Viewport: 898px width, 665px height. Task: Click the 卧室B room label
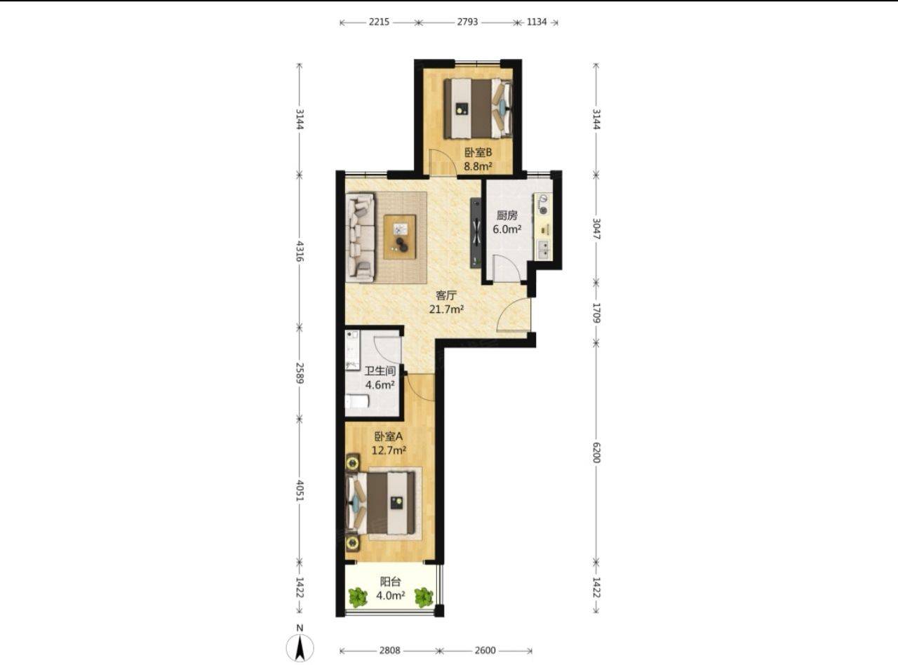tap(478, 153)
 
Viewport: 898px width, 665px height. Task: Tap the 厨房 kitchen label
tap(507, 215)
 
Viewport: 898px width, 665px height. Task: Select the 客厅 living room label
tap(446, 295)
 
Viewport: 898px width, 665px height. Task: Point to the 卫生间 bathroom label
tap(380, 371)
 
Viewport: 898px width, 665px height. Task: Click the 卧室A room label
tap(388, 436)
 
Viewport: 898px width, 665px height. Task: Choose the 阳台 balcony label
tap(390, 582)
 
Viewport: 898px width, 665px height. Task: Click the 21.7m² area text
tap(446, 309)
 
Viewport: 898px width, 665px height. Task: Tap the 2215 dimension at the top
tap(379, 22)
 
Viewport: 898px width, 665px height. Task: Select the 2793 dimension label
tap(467, 22)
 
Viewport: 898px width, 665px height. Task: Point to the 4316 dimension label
tap(299, 251)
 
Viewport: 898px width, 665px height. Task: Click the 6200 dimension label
tap(596, 452)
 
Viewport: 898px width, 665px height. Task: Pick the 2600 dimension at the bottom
tap(485, 650)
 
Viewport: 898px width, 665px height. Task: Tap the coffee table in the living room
tap(400, 237)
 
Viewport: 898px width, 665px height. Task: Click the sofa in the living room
tap(360, 237)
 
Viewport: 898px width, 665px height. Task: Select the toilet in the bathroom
tap(357, 402)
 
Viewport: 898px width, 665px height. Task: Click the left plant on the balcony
tap(357, 598)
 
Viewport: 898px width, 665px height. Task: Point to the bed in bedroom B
tap(478, 109)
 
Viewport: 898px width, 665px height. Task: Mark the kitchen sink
tap(543, 250)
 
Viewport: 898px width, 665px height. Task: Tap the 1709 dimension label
tap(596, 313)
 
